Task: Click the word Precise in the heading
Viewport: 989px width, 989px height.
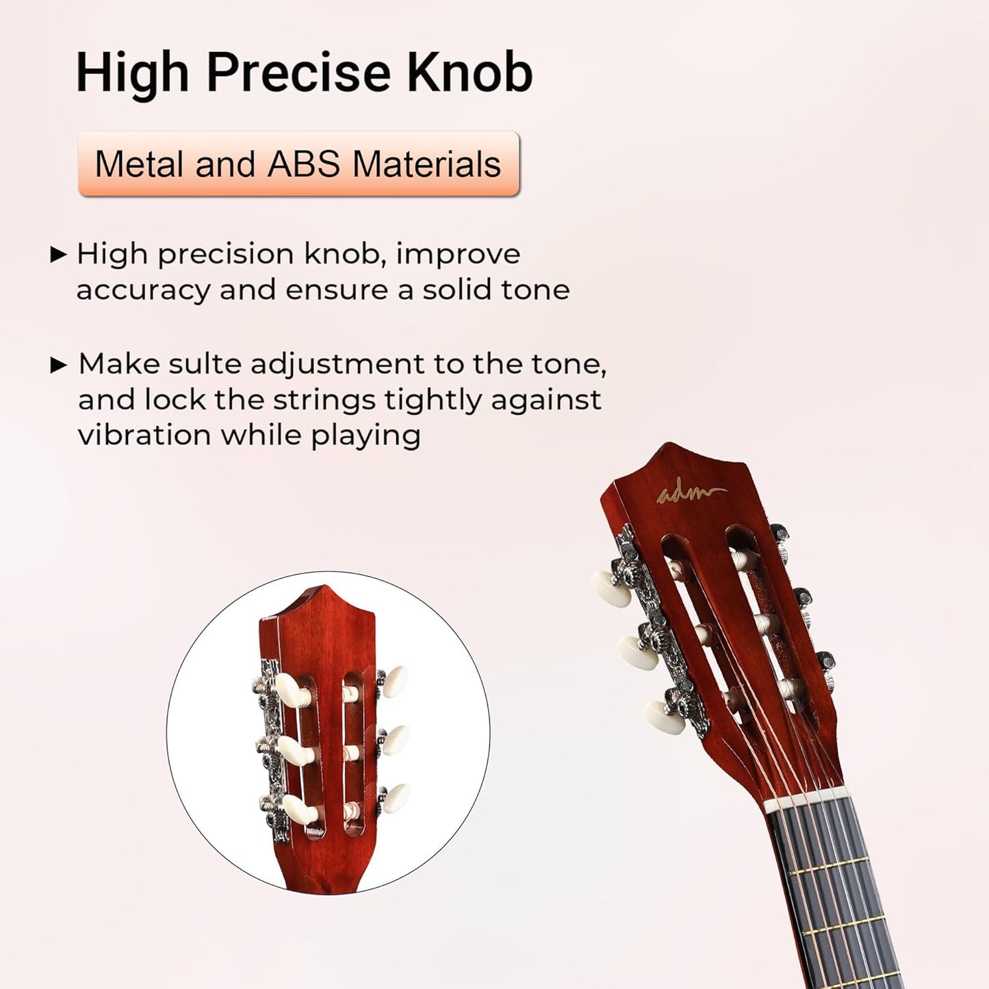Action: [x=298, y=73]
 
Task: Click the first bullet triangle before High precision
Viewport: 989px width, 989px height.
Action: [x=59, y=255]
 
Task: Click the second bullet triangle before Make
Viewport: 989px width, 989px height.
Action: [x=59, y=365]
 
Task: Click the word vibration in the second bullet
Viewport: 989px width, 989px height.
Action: [x=144, y=435]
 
